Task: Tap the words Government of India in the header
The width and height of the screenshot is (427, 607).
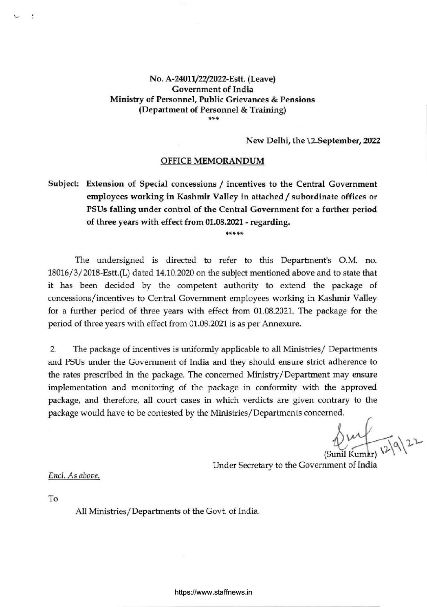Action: (212, 89)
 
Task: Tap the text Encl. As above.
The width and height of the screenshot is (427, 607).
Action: (74, 475)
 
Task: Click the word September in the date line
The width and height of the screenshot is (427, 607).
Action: (335, 141)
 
